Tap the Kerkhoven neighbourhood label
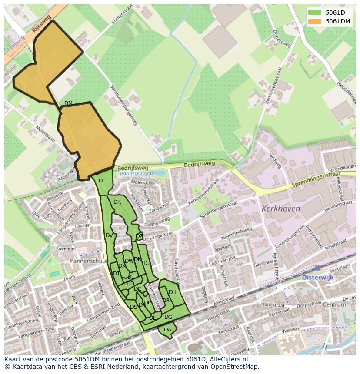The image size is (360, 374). (281, 209)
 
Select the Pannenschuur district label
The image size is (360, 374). (89, 261)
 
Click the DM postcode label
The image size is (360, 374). (68, 103)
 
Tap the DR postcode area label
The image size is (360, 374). (117, 202)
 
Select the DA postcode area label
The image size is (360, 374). (167, 330)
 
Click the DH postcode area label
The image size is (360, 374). (173, 292)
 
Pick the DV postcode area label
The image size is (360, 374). (109, 235)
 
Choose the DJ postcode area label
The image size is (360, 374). (147, 263)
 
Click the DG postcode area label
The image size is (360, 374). (168, 317)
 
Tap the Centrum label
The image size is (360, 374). (334, 304)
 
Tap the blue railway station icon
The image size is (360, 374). (318, 268)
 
